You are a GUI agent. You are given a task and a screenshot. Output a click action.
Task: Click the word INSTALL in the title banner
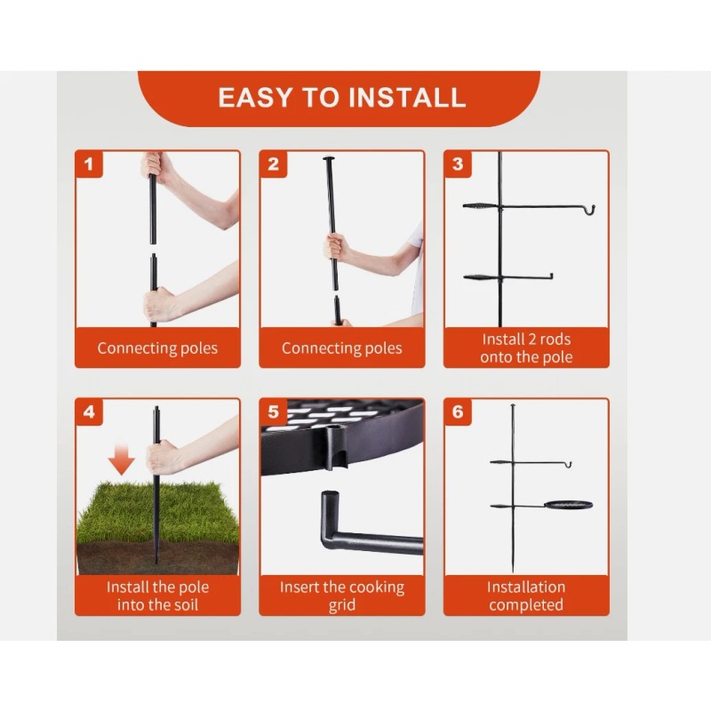click(408, 98)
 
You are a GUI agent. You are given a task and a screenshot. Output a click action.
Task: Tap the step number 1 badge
click(89, 164)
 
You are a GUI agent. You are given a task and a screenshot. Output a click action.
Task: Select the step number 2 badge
click(273, 164)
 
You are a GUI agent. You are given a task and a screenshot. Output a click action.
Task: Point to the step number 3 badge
click(458, 164)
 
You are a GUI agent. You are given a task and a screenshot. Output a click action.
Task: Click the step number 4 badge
click(89, 411)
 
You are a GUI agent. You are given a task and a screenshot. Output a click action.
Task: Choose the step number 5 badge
click(273, 411)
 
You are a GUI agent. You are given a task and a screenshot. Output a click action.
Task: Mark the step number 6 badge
click(458, 411)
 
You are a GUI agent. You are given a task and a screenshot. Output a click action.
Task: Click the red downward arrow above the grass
click(121, 459)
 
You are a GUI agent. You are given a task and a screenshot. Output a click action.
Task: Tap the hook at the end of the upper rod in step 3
click(589, 210)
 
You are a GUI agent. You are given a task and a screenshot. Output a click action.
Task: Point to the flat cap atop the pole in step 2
click(330, 159)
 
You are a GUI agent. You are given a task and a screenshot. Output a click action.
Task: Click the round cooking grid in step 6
click(568, 505)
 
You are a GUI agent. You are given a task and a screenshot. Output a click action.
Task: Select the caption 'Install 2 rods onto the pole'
click(526, 348)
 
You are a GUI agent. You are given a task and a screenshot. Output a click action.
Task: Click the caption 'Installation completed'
click(526, 595)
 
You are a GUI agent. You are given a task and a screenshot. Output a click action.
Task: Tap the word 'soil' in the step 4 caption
click(186, 605)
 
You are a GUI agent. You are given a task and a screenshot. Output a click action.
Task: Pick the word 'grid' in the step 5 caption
click(342, 606)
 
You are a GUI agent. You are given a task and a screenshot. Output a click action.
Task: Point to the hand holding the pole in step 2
click(336, 248)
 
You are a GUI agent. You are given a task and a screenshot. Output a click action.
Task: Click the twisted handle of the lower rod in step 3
click(481, 277)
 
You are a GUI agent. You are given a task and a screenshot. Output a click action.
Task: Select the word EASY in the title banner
click(255, 98)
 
